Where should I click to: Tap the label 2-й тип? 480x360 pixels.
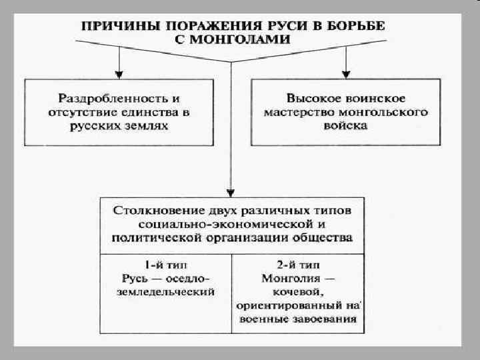tap(297, 264)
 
